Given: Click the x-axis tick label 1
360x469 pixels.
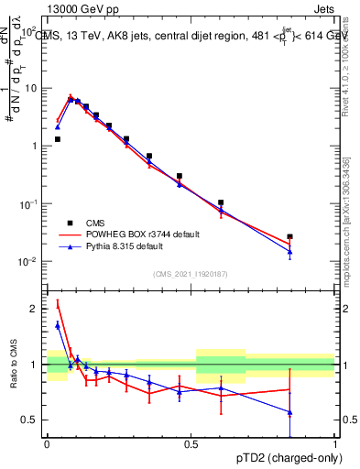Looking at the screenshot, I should coord(335,443).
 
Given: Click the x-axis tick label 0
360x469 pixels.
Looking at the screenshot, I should coord(47,443).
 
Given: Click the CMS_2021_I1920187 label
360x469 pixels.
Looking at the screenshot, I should coord(191,274).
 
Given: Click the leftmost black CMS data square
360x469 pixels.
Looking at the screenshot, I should coord(58,139).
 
